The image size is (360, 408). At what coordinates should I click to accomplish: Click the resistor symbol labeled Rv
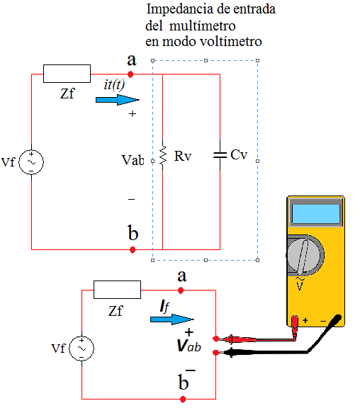tap(163, 155)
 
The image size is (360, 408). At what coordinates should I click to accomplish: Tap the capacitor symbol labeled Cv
tap(220, 155)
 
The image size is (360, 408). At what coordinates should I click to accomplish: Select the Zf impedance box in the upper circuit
tap(67, 74)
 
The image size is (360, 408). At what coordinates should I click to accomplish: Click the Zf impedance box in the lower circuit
tap(117, 290)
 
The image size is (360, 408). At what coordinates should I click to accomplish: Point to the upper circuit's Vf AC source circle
tap(31, 161)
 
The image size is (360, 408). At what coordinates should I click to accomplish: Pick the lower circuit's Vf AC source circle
tap(81, 348)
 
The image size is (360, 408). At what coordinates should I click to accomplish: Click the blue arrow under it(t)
tap(118, 100)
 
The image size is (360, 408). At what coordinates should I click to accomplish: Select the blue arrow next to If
tap(172, 319)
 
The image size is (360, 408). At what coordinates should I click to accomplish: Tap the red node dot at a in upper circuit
tap(130, 74)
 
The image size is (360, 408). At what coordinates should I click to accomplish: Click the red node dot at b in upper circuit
tap(133, 250)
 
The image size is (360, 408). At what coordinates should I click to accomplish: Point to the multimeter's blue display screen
tap(316, 214)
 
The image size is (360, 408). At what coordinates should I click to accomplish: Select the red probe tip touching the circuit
tap(221, 339)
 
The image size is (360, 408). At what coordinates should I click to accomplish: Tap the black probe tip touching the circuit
tap(221, 353)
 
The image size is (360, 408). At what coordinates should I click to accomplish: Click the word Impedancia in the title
tap(179, 10)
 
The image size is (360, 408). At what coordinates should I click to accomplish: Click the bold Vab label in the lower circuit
tap(189, 346)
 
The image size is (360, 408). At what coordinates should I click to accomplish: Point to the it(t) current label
tap(114, 84)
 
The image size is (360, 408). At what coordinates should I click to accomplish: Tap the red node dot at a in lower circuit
tap(181, 290)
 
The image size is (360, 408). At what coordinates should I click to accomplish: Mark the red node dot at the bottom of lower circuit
tap(183, 399)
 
